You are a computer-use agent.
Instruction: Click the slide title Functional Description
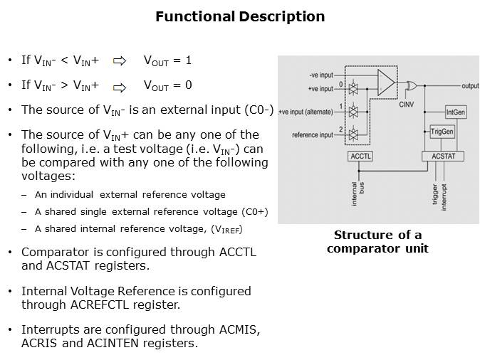click(240, 16)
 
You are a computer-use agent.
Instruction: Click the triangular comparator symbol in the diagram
click(385, 83)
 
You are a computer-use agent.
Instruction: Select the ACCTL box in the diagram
click(360, 156)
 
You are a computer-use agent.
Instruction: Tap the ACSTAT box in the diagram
click(443, 156)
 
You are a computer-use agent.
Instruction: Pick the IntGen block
click(455, 112)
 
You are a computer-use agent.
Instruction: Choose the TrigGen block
click(442, 132)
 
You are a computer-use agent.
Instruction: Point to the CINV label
click(406, 104)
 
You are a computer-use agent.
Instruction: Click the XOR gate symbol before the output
click(411, 86)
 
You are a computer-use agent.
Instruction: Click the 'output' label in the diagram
click(469, 86)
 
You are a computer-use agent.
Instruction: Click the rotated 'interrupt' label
click(444, 194)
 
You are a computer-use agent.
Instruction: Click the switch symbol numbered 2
click(352, 133)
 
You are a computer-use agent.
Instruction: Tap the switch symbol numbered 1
click(352, 112)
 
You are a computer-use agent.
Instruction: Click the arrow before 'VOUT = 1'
click(120, 61)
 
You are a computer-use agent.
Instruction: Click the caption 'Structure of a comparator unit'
click(377, 241)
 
